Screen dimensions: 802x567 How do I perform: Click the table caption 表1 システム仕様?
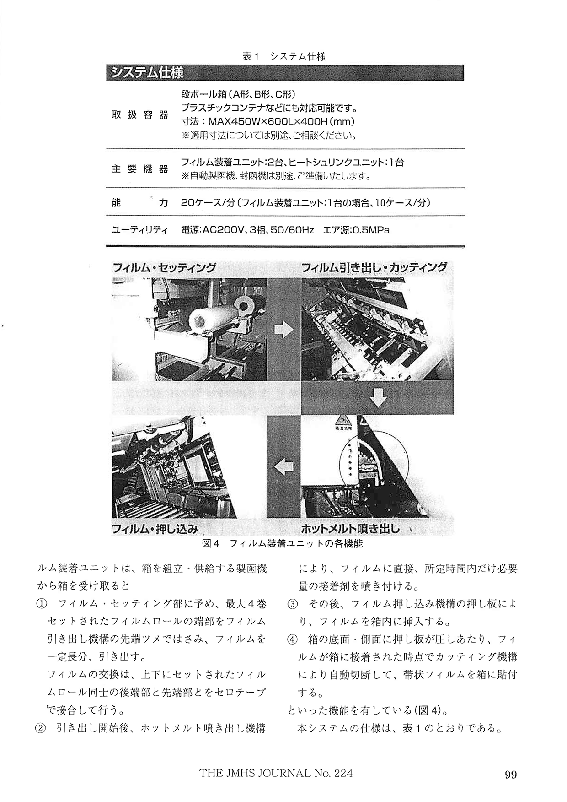coord(284,56)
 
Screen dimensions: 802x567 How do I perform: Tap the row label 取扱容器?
coord(140,115)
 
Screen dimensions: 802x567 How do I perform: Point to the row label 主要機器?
coord(140,169)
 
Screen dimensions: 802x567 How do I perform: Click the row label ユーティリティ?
coord(140,230)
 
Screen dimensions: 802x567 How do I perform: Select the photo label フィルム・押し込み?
coord(155,530)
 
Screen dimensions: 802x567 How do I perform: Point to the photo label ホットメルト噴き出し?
coord(350,530)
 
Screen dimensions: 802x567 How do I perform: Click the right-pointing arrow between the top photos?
coord(283,329)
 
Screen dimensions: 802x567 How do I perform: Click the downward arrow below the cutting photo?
coord(378,398)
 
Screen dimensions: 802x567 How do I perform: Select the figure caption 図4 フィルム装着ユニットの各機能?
coord(282,544)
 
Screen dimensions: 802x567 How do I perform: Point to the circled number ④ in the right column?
coord(293,639)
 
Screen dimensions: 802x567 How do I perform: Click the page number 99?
coord(510,775)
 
